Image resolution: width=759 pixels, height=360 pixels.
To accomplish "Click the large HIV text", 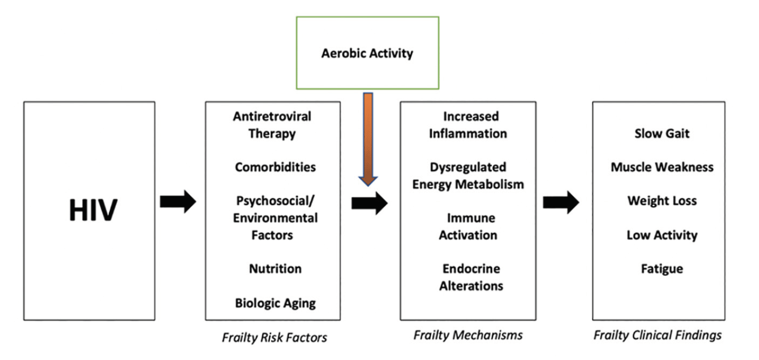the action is point(93,210).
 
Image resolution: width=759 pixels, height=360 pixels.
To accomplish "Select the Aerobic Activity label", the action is point(367,53).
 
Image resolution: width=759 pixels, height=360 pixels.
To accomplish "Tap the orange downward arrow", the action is point(368,139).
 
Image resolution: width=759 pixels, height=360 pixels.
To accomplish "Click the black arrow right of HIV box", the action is point(178,201).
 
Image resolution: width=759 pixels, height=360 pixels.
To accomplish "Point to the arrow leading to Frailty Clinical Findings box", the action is point(561,202).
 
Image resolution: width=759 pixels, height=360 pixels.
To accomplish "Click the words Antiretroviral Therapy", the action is point(272,125).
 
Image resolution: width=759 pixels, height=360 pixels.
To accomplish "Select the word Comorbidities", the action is point(275,167).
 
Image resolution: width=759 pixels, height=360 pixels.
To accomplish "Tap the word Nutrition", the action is point(275,269).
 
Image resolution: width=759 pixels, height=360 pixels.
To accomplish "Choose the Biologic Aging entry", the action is point(275,303).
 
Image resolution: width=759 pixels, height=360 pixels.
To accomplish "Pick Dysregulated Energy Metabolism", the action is point(468,175).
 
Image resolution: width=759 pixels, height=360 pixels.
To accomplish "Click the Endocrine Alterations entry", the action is point(471,277).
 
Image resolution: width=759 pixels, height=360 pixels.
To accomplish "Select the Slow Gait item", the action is point(662,133).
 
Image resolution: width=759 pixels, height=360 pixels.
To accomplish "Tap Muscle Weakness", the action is point(662,167).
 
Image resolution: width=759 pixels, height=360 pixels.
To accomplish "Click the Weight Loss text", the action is point(662,201).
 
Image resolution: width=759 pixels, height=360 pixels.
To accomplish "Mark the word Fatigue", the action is point(662,269).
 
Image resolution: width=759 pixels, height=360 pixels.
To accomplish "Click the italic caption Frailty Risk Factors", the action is point(274,337).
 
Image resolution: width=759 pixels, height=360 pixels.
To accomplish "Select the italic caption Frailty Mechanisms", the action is point(468,335).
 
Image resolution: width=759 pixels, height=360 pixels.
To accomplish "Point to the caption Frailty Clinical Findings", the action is point(658,335).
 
